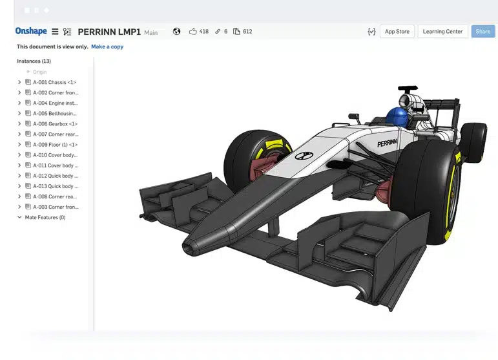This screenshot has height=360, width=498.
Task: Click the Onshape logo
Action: coord(31,31)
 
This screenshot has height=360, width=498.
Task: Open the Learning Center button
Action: coord(442,32)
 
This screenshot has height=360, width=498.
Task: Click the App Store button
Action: coord(397,32)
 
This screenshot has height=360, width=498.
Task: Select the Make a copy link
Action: coord(107,47)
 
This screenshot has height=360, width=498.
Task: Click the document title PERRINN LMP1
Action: coord(109,32)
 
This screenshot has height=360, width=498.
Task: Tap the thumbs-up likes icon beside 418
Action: coord(193,32)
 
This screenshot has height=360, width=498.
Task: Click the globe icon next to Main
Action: coord(176,32)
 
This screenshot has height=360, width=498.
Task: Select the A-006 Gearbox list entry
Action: coord(55,123)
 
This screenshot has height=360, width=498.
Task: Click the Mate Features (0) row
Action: coord(45,218)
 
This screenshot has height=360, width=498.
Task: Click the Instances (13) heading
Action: coord(34,61)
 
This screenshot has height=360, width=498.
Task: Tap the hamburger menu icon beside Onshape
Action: coord(55,32)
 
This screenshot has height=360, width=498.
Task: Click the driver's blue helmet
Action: coord(396,117)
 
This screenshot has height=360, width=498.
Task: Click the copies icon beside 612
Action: coord(236,32)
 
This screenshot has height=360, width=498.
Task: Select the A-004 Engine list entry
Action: coord(55,103)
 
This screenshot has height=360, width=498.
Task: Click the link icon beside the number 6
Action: coord(218,32)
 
